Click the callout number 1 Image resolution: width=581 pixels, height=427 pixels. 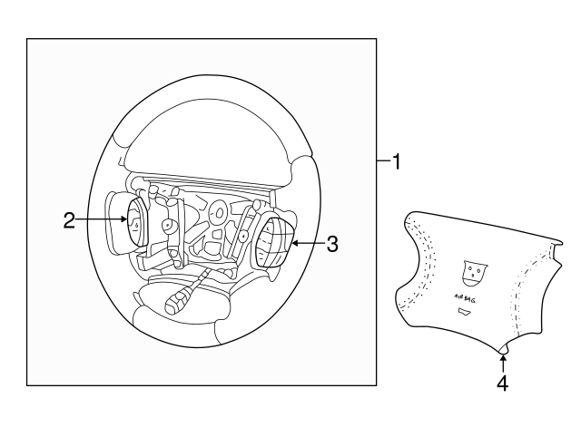(397, 162)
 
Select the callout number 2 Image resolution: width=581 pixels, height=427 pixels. (69, 220)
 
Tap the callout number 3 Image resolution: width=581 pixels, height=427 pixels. (332, 244)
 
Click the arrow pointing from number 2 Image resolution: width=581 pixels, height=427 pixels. (101, 219)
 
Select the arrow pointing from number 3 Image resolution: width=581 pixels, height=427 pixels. (309, 243)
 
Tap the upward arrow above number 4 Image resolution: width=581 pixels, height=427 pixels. (503, 364)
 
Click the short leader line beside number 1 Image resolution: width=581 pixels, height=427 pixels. (384, 160)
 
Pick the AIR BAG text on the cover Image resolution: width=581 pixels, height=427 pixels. (465, 298)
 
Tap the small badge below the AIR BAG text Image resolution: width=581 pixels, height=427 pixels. (465, 312)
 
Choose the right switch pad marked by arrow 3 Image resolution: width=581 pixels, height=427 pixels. (273, 242)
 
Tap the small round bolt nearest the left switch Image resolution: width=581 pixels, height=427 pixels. (168, 226)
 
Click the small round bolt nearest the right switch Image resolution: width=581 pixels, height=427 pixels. (243, 236)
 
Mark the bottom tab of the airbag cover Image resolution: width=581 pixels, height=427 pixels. (503, 349)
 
